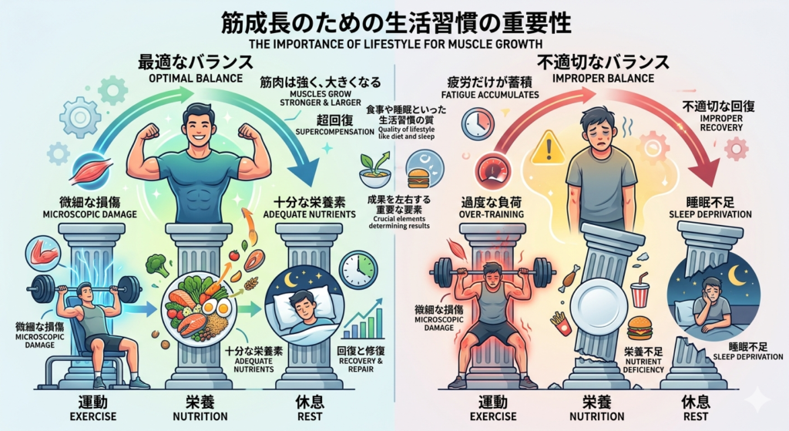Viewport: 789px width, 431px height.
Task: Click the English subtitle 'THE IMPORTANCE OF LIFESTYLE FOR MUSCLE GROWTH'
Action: pos(395,44)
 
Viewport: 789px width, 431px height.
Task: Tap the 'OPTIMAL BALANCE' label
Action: pos(196,78)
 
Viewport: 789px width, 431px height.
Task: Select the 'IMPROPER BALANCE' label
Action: pos(603,78)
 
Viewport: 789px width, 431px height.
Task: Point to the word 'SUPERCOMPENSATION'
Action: pos(334,132)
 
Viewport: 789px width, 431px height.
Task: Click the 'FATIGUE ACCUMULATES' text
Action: pos(490,95)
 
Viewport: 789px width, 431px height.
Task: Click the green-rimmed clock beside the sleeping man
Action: pos(358,269)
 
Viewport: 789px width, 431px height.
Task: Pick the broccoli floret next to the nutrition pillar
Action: pos(157,265)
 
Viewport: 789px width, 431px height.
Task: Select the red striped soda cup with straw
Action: pos(640,291)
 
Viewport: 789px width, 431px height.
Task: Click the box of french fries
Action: pos(560,323)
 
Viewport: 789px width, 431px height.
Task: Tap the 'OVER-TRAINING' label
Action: pos(491,214)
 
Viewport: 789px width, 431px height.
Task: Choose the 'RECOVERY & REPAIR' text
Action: pos(361,365)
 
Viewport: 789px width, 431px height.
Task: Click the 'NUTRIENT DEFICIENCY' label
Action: pos(643,365)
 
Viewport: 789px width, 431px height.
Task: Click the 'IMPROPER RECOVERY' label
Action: pos(721,123)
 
